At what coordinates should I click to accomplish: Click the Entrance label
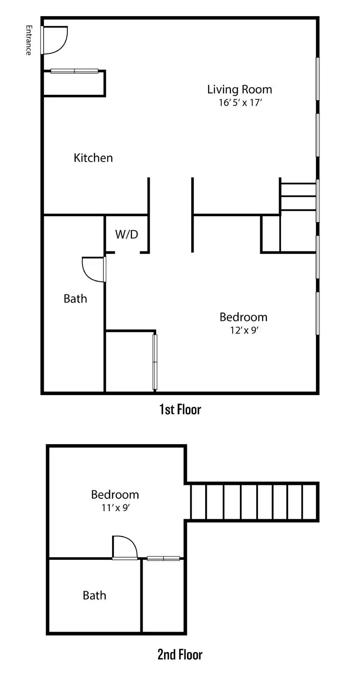(x=28, y=40)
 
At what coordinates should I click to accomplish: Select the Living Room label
(x=239, y=89)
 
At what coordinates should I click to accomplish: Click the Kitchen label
(x=93, y=158)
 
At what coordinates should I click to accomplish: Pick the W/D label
(x=126, y=234)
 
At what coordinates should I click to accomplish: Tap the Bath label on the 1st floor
(x=75, y=299)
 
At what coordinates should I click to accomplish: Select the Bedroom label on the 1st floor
(x=243, y=317)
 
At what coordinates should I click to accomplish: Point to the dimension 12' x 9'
(x=244, y=330)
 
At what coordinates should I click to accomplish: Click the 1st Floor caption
(x=180, y=410)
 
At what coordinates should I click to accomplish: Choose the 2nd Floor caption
(x=180, y=655)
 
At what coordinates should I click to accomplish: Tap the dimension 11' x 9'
(x=115, y=508)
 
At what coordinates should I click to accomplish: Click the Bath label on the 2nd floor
(x=94, y=595)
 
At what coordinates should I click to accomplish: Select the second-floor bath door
(x=125, y=548)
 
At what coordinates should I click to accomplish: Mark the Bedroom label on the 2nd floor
(x=115, y=495)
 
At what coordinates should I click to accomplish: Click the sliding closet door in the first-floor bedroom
(x=155, y=362)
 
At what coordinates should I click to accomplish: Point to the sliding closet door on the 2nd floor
(x=163, y=559)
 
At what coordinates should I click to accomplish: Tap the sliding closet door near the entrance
(x=74, y=71)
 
